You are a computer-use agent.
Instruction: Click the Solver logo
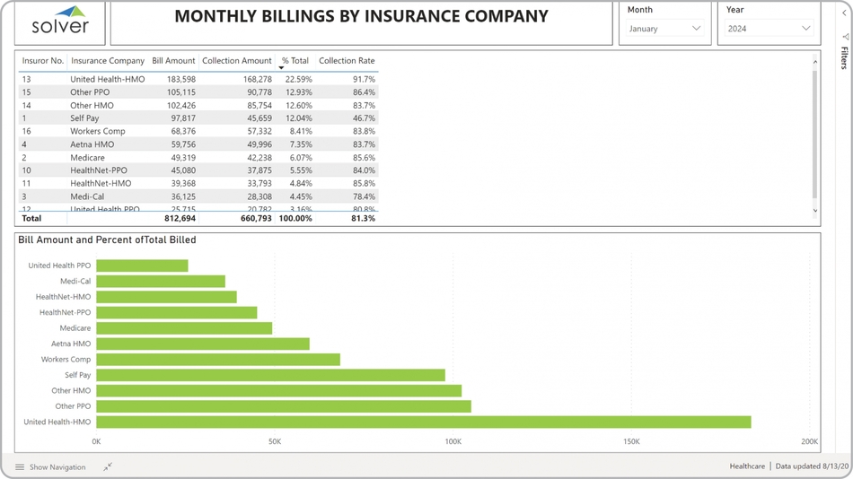coord(60,22)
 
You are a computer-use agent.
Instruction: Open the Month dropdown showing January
coord(665,29)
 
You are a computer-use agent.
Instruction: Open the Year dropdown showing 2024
coord(769,29)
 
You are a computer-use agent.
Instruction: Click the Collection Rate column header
coord(347,61)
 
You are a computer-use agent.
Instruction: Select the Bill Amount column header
coord(173,61)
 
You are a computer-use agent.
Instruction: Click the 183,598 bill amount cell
coord(180,79)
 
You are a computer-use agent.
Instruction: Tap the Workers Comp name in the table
coord(98,131)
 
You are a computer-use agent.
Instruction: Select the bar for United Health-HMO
coord(423,422)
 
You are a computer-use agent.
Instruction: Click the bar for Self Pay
coord(270,375)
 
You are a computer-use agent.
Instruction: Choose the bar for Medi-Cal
coord(161,282)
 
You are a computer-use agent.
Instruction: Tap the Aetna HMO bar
coord(203,344)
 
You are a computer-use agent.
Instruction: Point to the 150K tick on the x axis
coord(631,441)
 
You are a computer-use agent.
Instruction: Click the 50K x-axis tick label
coord(275,441)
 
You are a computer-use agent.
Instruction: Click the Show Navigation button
coord(50,467)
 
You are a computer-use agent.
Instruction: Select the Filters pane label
coord(844,58)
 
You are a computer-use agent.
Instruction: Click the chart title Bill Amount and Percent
coord(107,240)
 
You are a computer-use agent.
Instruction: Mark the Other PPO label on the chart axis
coord(73,406)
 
